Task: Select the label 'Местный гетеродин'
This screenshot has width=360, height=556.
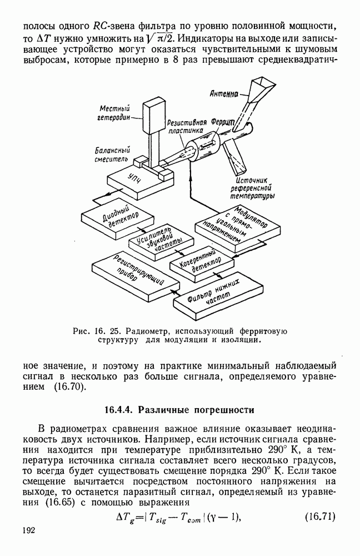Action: [114, 113]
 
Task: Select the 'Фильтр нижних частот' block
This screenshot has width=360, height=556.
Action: [219, 293]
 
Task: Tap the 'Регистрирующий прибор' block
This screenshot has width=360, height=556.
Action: [132, 272]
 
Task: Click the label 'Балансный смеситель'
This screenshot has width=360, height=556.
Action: [112, 154]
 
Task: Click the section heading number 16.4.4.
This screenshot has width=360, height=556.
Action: [120, 411]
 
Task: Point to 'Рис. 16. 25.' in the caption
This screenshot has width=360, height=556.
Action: [93, 331]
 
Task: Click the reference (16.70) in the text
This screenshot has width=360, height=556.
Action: [71, 386]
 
